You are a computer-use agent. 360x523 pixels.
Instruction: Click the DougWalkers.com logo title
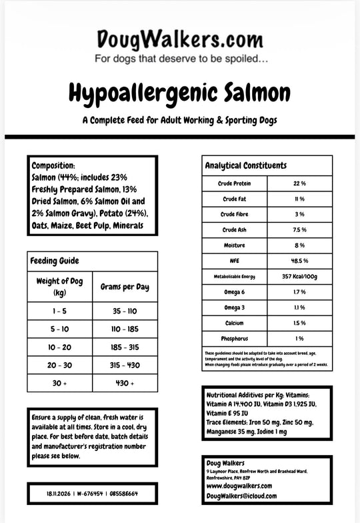click(x=180, y=38)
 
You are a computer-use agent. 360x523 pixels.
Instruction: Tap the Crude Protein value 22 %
click(x=299, y=183)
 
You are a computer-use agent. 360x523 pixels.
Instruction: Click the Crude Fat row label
click(x=235, y=199)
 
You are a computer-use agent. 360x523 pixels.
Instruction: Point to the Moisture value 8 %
click(x=299, y=245)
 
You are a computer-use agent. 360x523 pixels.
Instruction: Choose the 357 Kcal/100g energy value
click(x=299, y=276)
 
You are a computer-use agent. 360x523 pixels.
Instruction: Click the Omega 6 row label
click(x=235, y=292)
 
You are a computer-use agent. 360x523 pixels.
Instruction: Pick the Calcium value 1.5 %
click(x=299, y=323)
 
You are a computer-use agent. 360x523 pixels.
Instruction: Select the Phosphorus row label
click(x=235, y=338)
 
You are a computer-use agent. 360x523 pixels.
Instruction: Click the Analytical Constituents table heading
click(x=246, y=165)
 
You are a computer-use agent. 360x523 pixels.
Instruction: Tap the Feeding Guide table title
click(x=55, y=261)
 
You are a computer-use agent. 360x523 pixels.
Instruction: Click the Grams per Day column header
click(x=125, y=287)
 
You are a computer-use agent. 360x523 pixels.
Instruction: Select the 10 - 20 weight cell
click(x=59, y=348)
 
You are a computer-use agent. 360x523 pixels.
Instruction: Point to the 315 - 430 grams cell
click(x=125, y=366)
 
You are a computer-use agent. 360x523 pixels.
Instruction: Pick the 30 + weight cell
click(x=59, y=384)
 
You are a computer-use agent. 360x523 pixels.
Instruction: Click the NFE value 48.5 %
click(x=299, y=261)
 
